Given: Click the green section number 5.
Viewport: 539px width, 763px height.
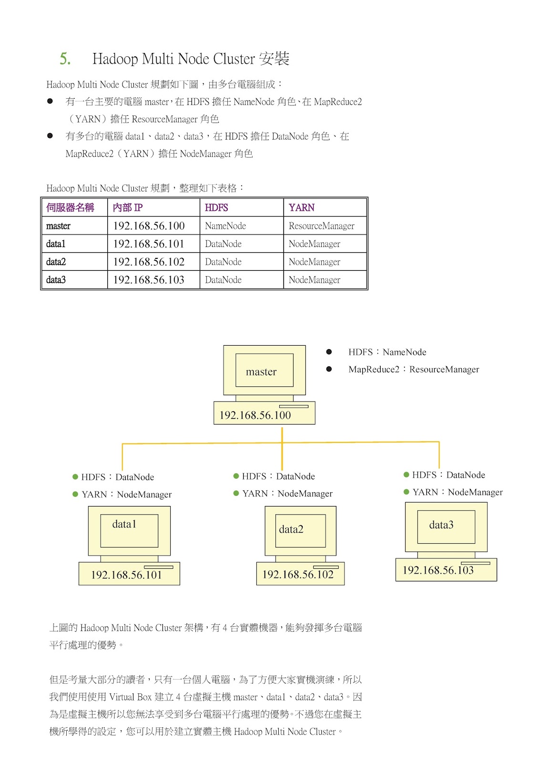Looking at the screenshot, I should coord(65,59).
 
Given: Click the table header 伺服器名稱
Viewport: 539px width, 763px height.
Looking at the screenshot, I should coord(70,207).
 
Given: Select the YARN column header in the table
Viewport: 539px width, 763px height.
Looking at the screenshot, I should coord(301,207).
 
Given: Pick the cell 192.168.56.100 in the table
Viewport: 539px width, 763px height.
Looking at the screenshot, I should coord(149,226).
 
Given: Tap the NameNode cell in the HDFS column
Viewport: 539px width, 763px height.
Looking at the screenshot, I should coord(225,226).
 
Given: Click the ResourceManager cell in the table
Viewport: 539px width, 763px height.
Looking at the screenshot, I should coord(321,226).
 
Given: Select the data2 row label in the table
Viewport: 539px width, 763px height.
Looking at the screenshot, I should coord(56,262).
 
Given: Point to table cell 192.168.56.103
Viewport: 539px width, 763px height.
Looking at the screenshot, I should coord(149,280).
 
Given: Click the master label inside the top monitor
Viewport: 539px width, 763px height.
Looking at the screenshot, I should coord(261,371).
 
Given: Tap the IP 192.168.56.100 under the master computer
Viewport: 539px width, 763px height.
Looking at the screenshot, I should coord(255,415).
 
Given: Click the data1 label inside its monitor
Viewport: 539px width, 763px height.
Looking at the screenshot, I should coord(124,524).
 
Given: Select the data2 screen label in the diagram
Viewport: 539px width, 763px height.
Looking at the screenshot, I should coord(291,529).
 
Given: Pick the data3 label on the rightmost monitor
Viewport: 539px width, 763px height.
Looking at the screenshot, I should coord(441,525).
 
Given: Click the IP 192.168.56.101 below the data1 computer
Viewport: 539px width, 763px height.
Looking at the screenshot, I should coord(126,575).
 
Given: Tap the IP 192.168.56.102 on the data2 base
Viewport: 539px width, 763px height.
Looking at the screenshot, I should coord(298,575).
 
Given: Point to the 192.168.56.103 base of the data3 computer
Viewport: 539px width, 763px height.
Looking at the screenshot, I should coord(438,570).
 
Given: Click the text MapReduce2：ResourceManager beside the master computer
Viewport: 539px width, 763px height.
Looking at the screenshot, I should coord(414,369).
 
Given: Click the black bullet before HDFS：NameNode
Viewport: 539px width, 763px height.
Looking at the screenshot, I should coord(329,352).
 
